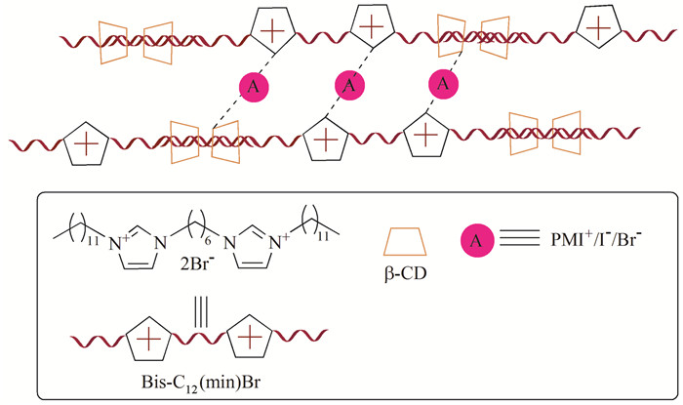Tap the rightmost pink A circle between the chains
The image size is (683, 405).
(444, 85)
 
